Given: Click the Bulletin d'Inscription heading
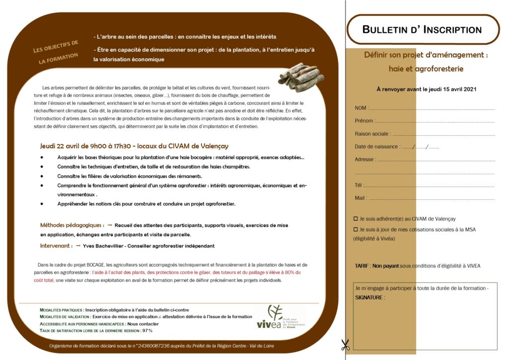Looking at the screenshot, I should click(422, 30).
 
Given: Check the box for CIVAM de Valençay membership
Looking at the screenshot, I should click(355, 219).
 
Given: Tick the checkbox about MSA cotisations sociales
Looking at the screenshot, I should click(355, 230).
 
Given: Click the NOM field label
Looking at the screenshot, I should click(360, 108).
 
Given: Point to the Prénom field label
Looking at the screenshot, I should click(364, 121).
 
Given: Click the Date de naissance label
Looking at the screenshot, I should click(376, 147).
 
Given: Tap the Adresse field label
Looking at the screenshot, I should click(365, 160).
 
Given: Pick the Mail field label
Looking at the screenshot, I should click(360, 198).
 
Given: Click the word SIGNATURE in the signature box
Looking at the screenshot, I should click(370, 297).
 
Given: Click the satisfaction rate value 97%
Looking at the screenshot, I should click(147, 331).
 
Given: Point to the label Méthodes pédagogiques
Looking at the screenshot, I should click(72, 225).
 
